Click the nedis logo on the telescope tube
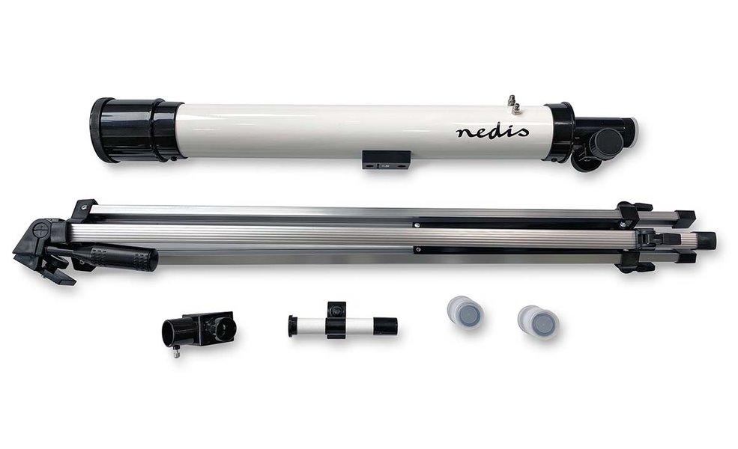pos(492,132)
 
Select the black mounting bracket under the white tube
pos(387,159)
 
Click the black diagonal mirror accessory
pos(198,330)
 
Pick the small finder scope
pos(342,324)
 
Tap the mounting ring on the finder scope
pos(336,319)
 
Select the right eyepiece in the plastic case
pos(537,321)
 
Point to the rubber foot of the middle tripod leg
pos(705,240)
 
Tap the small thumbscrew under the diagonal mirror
pos(176,352)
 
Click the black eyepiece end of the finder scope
pos(385,325)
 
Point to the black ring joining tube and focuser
pos(559,132)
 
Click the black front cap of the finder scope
pos(293,326)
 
